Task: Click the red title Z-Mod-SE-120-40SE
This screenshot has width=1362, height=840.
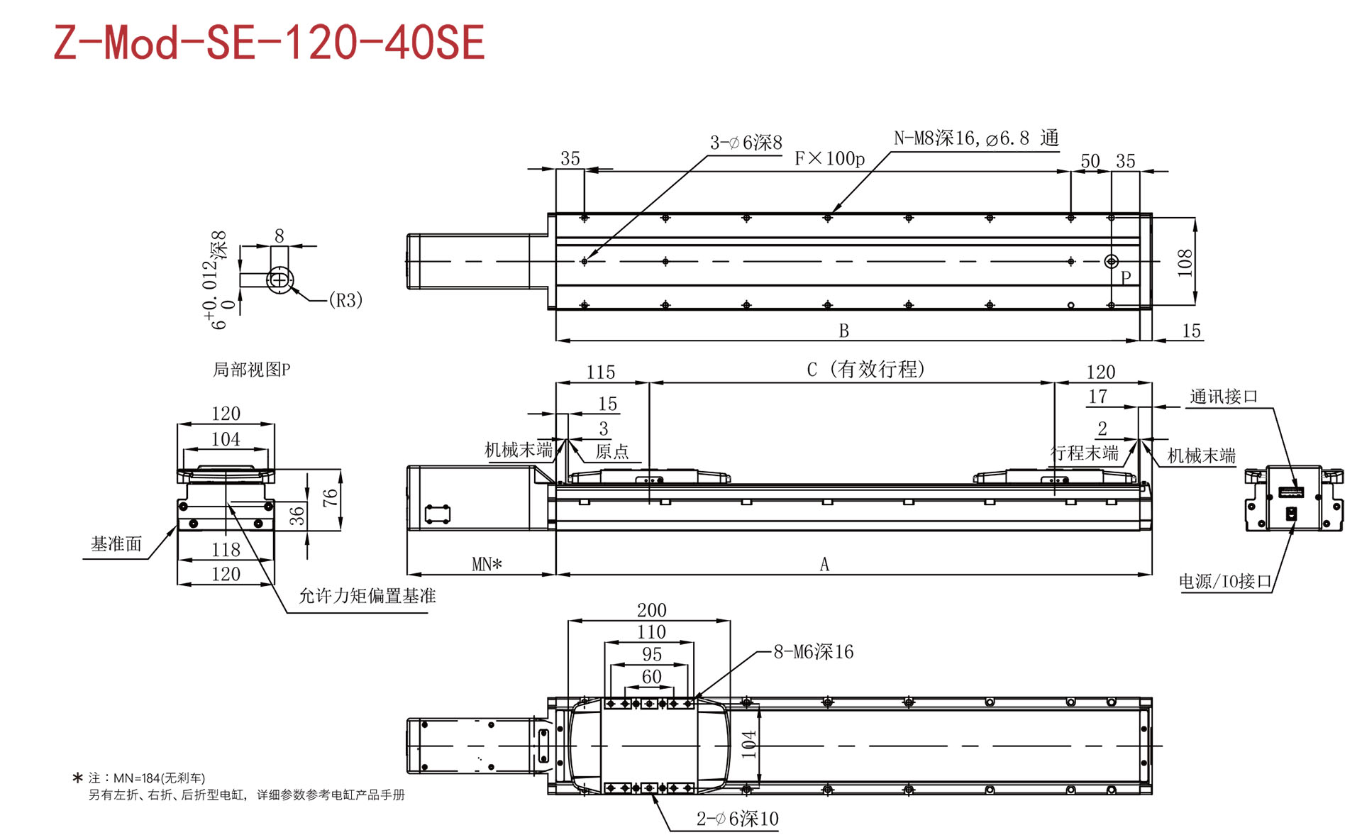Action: point(270,42)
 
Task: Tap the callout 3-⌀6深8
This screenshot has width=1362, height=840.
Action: point(746,143)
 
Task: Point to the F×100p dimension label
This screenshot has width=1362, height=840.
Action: point(829,158)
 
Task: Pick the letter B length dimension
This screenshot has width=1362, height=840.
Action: point(844,331)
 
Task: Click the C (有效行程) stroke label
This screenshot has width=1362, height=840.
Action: point(865,369)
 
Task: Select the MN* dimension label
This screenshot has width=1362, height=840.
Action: point(487,564)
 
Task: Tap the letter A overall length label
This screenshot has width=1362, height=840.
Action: point(824,564)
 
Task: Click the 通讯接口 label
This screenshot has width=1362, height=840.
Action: point(1224,397)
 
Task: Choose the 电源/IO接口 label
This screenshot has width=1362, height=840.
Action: point(1225,582)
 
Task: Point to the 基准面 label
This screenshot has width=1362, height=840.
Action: point(116,544)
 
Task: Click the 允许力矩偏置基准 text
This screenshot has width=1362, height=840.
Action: point(367,596)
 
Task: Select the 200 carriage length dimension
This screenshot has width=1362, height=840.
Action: point(651,610)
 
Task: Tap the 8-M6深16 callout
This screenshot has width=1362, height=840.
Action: point(814,651)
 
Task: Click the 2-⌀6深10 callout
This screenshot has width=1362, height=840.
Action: point(738,819)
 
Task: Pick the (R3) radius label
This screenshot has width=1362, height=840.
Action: point(345,300)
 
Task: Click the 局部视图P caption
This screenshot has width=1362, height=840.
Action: point(252,370)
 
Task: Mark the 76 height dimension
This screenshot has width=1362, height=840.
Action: point(330,498)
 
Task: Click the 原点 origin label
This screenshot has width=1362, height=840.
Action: point(612,452)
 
